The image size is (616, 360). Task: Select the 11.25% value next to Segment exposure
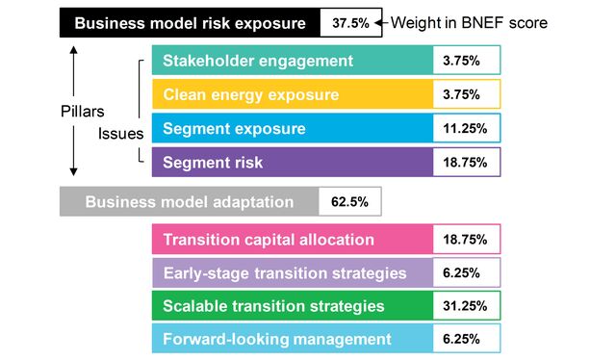click(x=466, y=128)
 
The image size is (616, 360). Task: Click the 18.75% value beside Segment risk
click(x=466, y=162)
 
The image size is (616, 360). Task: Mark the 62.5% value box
click(x=349, y=202)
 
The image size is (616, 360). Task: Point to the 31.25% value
click(x=466, y=306)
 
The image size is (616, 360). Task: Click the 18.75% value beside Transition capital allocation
click(x=466, y=240)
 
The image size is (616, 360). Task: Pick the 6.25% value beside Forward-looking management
click(x=466, y=339)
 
